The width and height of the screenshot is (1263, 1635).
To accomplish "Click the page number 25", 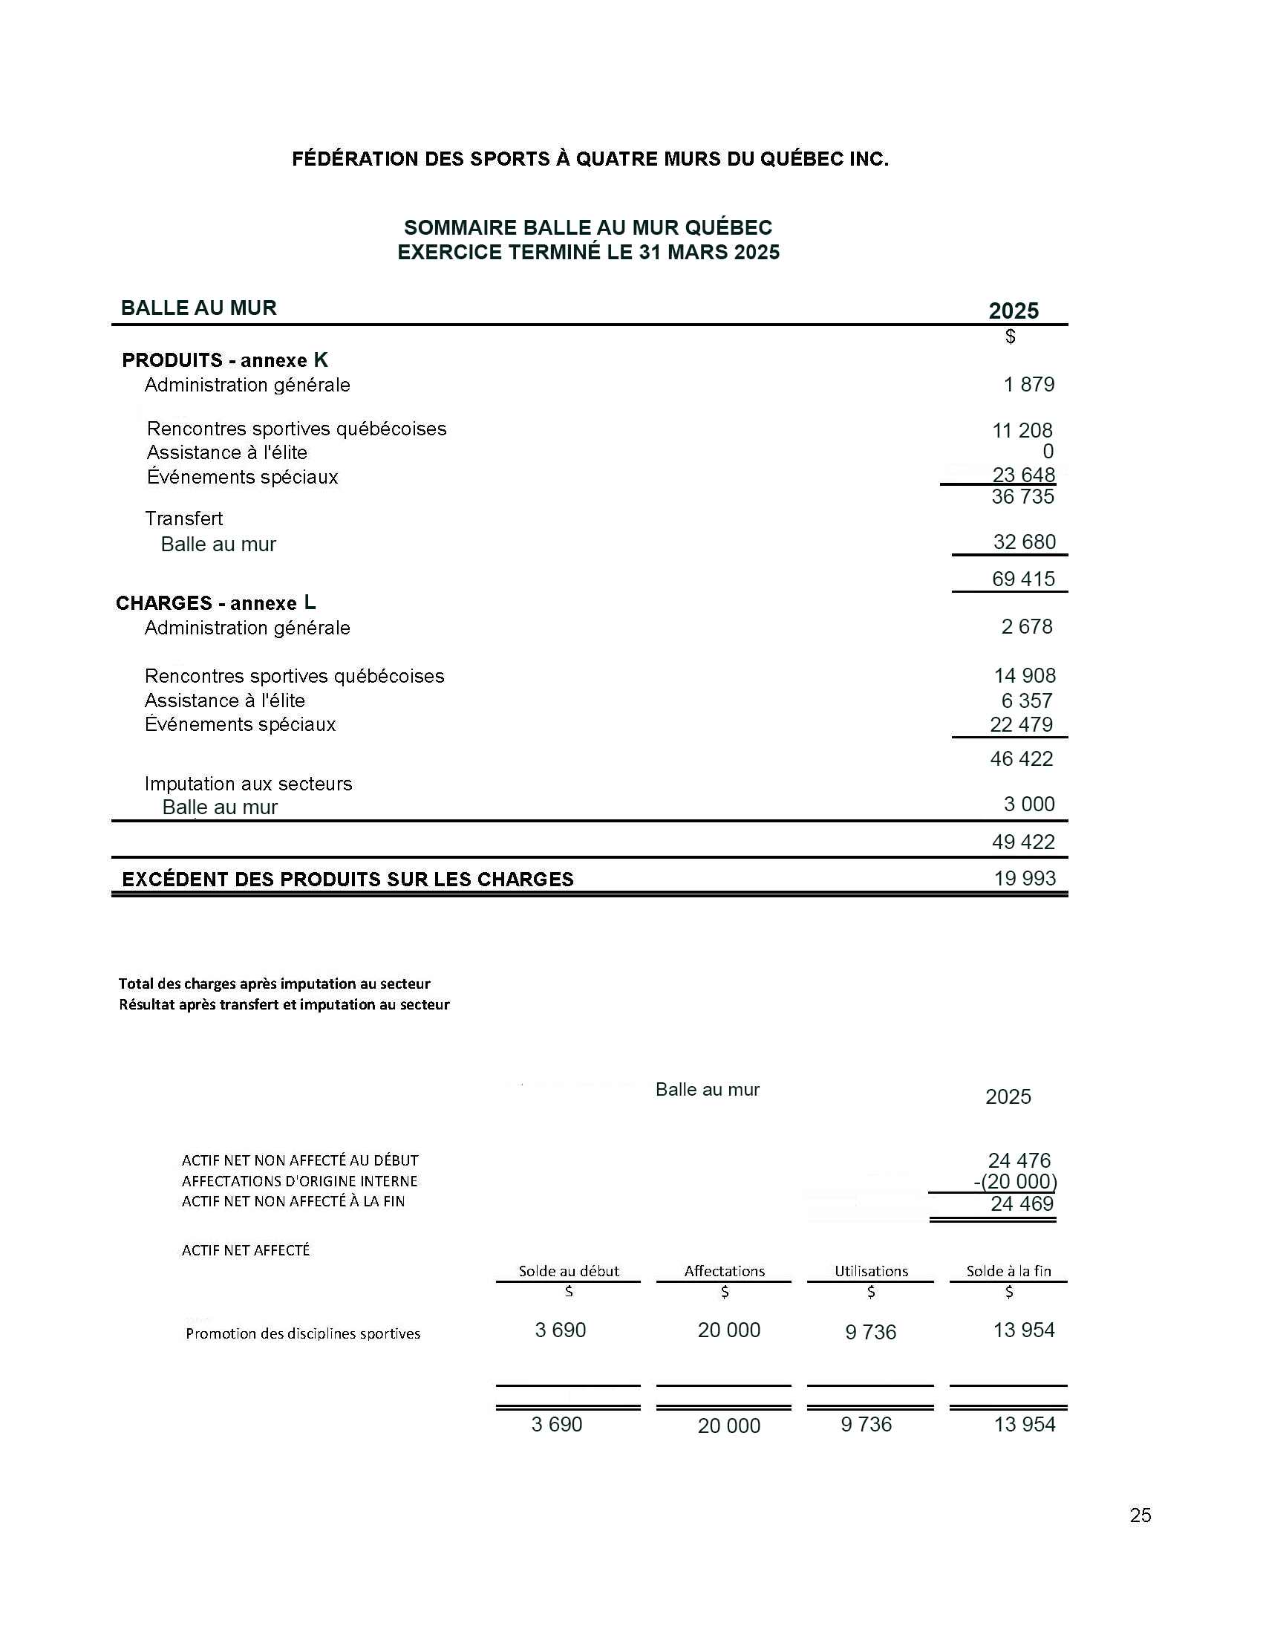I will (1140, 1515).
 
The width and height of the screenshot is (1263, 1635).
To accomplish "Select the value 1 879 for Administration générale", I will (1029, 385).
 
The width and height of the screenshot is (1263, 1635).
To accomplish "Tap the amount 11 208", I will (1022, 430).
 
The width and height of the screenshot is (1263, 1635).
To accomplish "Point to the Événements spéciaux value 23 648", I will (1024, 475).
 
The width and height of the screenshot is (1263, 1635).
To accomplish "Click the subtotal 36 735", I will (1023, 497).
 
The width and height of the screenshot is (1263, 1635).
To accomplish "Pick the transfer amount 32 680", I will (1025, 542).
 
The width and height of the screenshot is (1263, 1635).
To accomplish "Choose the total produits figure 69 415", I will (1023, 579).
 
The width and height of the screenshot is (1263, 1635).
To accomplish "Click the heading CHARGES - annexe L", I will (215, 603).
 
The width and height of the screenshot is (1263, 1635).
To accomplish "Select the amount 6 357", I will (1027, 701).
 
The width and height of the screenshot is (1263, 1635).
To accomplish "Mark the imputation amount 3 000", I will (1029, 804).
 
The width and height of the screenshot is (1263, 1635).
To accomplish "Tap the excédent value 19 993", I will (1025, 878).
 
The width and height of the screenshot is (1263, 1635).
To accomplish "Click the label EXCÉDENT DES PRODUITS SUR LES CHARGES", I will (348, 880).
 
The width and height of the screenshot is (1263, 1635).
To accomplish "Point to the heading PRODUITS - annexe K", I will (224, 360).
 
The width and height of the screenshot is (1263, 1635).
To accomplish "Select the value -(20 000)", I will (1015, 1182).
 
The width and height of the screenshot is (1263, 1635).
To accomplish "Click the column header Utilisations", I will (871, 1271).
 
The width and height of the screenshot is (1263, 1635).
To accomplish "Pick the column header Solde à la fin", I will (1008, 1271).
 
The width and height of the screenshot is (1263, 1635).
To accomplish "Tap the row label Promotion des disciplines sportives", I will (303, 1333).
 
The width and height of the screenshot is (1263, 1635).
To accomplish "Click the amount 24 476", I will (1019, 1160).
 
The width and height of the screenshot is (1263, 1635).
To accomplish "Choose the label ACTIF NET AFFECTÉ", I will (246, 1250).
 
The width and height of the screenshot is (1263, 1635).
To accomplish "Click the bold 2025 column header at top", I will (1013, 311).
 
